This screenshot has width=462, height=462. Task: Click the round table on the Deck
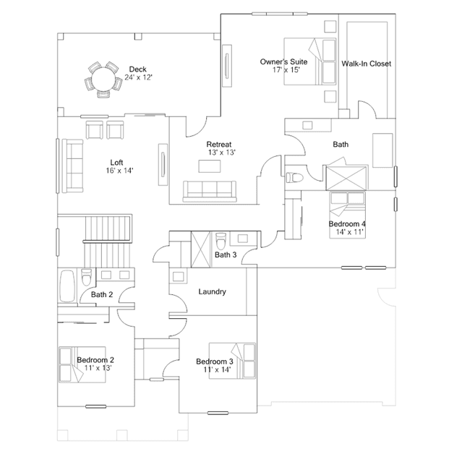coord(103,80)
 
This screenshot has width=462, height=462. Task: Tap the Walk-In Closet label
coord(367,64)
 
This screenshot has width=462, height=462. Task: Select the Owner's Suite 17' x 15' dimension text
coord(286,70)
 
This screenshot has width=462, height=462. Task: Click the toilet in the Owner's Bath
coord(294,178)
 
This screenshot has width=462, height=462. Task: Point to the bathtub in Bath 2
coord(67,286)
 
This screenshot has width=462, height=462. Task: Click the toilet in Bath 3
coord(221,241)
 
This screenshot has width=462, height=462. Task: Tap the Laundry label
coord(212,291)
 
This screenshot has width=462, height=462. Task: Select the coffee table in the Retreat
coord(210,166)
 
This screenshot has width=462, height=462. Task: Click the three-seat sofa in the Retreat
coord(210,191)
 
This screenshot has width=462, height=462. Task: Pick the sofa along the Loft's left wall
coord(72,166)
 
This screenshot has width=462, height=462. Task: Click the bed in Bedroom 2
coord(82,365)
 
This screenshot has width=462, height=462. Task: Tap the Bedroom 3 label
coord(215,362)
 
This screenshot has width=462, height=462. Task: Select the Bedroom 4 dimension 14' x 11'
coord(350,232)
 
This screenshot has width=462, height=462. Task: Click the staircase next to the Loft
coord(107,241)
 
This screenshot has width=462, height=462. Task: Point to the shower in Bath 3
coord(201,249)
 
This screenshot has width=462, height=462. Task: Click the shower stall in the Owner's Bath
coord(346,179)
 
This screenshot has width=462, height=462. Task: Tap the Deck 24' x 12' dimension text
coord(138,77)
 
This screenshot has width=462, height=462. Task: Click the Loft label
coord(116,163)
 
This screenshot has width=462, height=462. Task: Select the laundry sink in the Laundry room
coord(179,277)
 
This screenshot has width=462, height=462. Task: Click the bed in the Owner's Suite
coord(310,61)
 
